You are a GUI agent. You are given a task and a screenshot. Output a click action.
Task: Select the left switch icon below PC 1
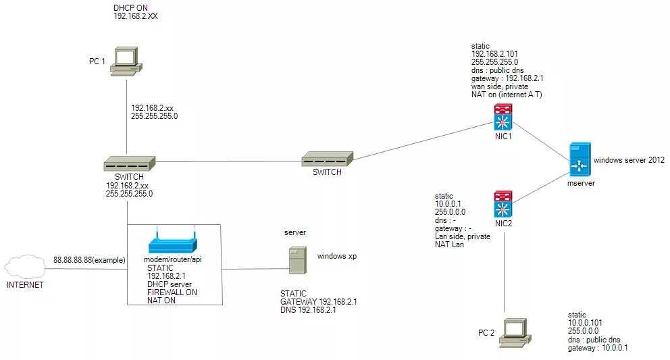click(130, 164)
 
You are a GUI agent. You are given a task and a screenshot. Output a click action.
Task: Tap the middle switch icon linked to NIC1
click(327, 159)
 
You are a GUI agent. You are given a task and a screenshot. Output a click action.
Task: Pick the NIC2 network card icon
click(503, 203)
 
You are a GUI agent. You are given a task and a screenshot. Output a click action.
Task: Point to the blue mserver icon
click(579, 160)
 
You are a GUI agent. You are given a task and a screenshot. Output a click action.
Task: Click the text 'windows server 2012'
click(629, 160)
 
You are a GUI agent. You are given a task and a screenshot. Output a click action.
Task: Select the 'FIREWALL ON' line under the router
click(172, 292)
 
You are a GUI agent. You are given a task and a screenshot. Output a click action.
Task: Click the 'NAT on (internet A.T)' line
click(507, 95)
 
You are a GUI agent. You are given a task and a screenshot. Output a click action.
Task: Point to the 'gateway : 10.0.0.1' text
click(598, 347)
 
